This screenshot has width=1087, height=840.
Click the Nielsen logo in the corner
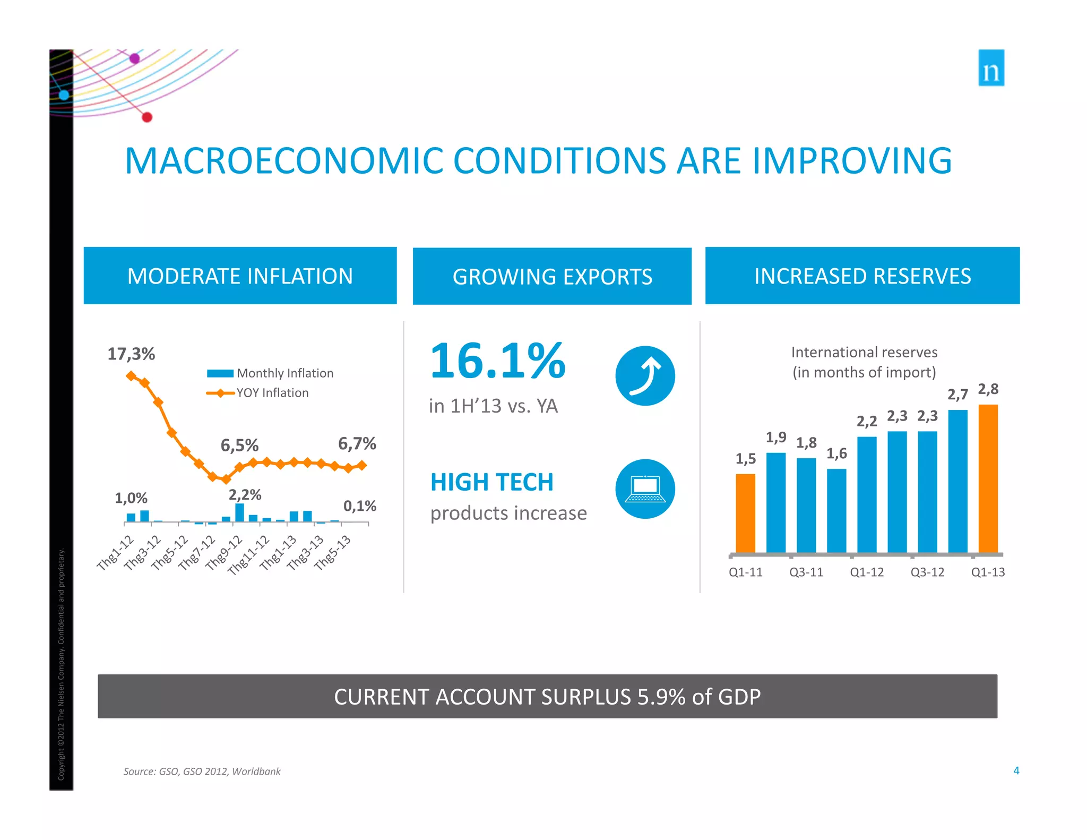tap(991, 68)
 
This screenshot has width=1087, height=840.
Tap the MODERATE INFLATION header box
tap(240, 276)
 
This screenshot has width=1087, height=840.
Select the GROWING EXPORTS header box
tap(552, 276)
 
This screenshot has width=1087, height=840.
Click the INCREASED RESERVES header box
tap(862, 276)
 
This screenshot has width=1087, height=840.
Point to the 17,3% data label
tap(131, 354)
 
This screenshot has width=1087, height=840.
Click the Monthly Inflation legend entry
tap(271, 373)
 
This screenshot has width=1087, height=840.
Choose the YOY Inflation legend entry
tap(258, 393)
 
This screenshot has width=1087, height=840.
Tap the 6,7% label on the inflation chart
tap(357, 443)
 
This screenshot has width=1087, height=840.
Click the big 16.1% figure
tap(497, 361)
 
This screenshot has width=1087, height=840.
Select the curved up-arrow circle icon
tap(645, 376)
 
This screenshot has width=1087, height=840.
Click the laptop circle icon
tap(645, 488)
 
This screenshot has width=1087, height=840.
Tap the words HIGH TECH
tap(491, 482)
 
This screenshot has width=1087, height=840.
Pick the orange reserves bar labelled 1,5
tap(745, 513)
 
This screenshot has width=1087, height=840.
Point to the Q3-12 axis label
tap(927, 572)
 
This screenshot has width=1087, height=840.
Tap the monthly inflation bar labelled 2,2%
tap(239, 512)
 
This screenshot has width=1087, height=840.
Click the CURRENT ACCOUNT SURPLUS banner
tap(547, 696)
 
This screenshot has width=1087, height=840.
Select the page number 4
tap(1016, 770)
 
